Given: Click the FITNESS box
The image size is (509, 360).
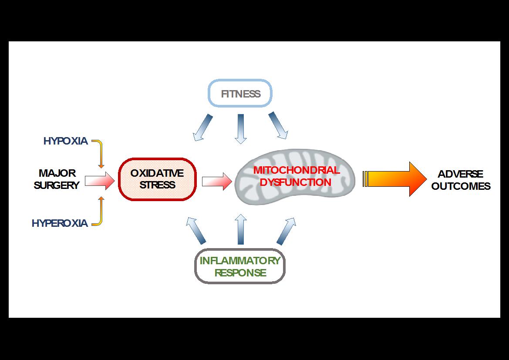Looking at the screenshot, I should click(x=240, y=94).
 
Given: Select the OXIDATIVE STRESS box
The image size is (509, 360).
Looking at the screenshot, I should click(x=157, y=179).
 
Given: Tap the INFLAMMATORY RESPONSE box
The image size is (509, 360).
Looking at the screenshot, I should click(x=240, y=266).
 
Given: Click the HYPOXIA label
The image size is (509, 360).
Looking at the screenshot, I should click(x=65, y=141).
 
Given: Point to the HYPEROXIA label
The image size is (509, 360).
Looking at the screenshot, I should click(x=60, y=223).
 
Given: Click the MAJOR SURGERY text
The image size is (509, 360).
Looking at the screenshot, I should click(x=57, y=179).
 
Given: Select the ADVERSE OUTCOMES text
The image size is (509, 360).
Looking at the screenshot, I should click(x=461, y=180).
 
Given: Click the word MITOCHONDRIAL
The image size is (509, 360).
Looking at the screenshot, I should click(x=297, y=170).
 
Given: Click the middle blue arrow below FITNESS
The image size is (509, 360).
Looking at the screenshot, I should click(x=240, y=128).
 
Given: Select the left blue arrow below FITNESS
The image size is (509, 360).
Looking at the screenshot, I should click(x=203, y=128).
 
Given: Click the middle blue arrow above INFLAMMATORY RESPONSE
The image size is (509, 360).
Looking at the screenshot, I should click(x=240, y=229).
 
